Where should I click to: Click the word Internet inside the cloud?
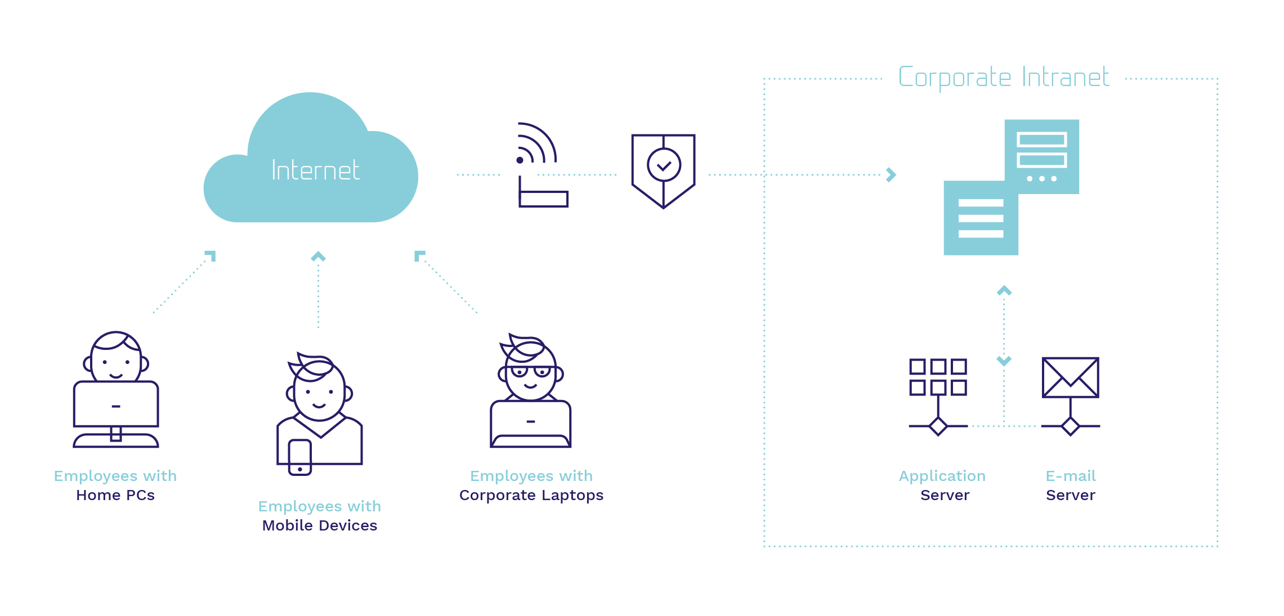point(315,170)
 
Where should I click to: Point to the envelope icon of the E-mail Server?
point(1071,377)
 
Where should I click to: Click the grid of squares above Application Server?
point(938,377)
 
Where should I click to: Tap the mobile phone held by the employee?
point(300,457)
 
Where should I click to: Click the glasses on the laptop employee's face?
point(531,371)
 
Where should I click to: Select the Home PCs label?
point(115,495)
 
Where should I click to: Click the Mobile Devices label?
point(320,525)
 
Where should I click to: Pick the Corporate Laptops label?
point(531,496)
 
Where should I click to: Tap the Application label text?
point(942,476)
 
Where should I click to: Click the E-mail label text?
point(1071,476)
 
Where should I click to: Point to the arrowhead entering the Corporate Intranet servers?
point(891,175)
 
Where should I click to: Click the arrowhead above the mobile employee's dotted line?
point(319,257)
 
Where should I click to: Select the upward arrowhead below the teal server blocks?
point(1004,291)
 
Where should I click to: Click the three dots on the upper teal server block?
point(1042,179)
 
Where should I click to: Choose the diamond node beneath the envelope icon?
point(1071,426)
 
